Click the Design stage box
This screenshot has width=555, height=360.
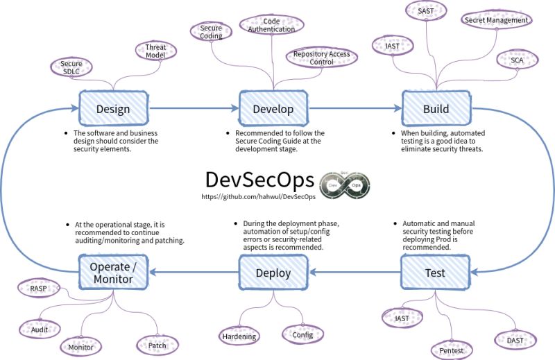113,109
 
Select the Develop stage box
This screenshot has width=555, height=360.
273,109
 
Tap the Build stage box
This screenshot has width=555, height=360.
436,109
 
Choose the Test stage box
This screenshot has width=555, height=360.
435,273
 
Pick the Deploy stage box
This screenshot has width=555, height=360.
273,273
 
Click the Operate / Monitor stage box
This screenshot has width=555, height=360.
114,273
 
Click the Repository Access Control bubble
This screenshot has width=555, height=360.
321,58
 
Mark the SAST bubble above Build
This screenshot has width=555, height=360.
426,11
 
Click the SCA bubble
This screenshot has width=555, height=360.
517,61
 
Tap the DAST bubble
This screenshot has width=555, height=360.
514,340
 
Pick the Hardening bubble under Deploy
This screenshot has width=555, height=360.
239,336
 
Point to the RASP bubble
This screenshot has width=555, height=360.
38,288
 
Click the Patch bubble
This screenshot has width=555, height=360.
157,344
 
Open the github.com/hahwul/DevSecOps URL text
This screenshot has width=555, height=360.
258,198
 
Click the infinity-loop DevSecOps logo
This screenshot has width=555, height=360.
345,185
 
